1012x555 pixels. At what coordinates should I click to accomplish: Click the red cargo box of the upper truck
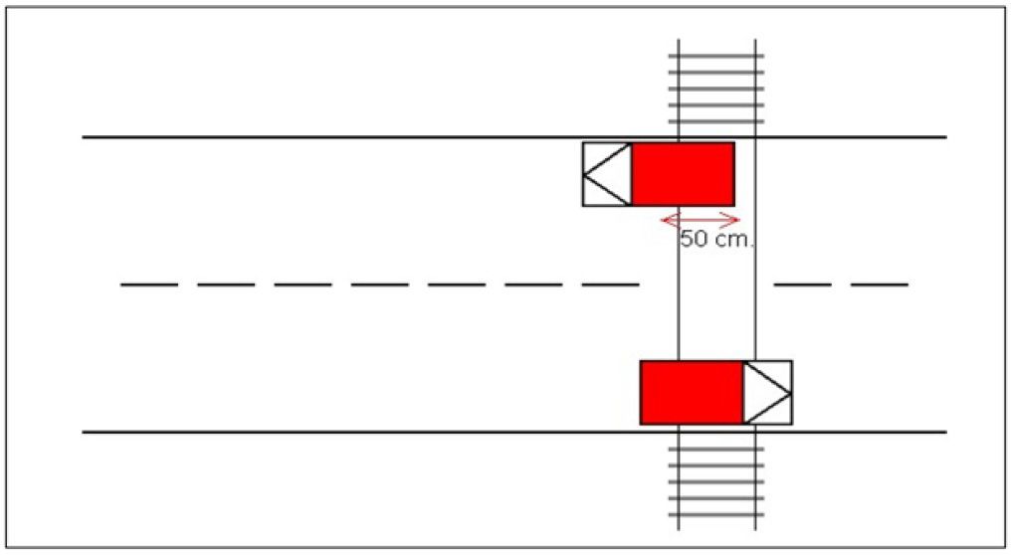pos(683,174)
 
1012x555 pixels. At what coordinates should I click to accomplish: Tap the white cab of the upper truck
pos(607,174)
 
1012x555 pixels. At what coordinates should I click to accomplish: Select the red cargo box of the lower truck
pos(692,392)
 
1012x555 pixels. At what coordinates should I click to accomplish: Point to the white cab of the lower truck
pos(768,392)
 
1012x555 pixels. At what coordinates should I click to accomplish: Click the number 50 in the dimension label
pos(695,240)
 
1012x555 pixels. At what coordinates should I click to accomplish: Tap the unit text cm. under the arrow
pos(733,240)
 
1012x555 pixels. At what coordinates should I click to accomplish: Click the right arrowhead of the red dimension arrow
pos(732,220)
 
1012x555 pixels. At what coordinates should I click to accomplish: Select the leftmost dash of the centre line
pos(149,283)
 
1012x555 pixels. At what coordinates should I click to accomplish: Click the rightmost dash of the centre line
pos(880,283)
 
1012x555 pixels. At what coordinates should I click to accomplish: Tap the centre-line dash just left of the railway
pos(611,283)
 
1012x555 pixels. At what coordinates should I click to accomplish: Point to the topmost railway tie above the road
pos(715,56)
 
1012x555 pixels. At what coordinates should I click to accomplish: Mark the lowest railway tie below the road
pos(715,515)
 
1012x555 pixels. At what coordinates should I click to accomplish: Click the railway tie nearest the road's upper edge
pos(715,120)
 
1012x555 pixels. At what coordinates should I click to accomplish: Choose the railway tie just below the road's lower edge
pos(715,449)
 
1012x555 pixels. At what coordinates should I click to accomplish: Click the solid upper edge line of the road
pos(514,137)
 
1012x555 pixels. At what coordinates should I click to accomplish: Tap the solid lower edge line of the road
pos(514,432)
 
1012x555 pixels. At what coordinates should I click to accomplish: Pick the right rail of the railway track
pos(755,284)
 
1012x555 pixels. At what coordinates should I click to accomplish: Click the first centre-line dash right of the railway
pos(803,283)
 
